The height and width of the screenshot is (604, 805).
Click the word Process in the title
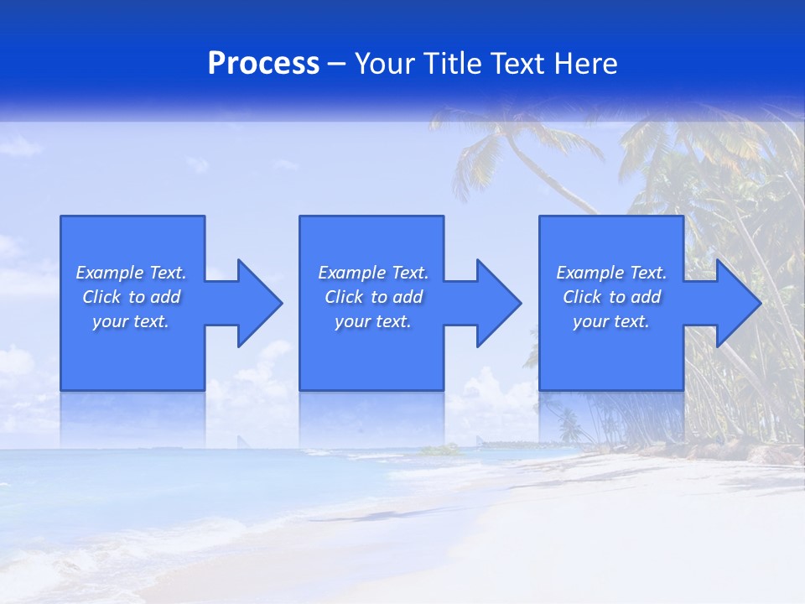click(263, 64)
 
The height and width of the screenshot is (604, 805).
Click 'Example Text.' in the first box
click(131, 273)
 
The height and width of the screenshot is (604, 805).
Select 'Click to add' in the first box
click(131, 297)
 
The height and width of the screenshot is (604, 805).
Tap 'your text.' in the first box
click(131, 321)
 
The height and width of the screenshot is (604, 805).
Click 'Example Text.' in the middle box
click(373, 273)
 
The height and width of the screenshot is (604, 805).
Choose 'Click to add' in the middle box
click(373, 297)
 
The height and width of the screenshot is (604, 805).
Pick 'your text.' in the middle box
click(373, 321)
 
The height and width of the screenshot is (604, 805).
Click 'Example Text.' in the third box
click(611, 273)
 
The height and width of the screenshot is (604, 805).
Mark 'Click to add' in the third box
click(611, 297)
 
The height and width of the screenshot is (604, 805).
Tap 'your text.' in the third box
click(611, 321)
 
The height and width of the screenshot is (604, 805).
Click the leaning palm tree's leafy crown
click(503, 138)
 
